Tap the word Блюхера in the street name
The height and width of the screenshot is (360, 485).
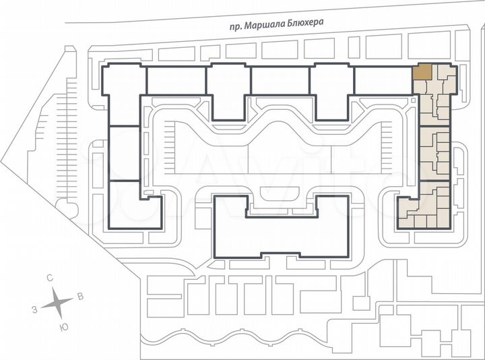point(305,23)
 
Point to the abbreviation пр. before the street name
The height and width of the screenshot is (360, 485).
point(236,27)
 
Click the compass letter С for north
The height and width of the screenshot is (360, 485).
point(50,278)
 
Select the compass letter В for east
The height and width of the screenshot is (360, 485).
point(80,296)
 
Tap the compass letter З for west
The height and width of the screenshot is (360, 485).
point(34,309)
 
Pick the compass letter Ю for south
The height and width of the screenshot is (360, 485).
point(64,328)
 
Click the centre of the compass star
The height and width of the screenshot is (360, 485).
point(57,303)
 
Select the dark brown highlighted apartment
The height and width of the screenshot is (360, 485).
point(422,71)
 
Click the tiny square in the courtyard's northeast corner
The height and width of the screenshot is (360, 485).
point(414,100)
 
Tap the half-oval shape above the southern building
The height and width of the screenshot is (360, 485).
point(280,193)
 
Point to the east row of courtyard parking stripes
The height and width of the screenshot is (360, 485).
point(387,148)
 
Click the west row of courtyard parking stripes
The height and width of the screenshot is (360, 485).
point(170,148)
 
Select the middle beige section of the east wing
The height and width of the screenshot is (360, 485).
point(434,154)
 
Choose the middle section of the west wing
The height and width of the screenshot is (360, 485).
point(125,153)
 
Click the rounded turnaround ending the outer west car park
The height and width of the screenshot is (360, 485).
point(66,207)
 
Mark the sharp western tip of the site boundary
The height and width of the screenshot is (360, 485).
point(1,161)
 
